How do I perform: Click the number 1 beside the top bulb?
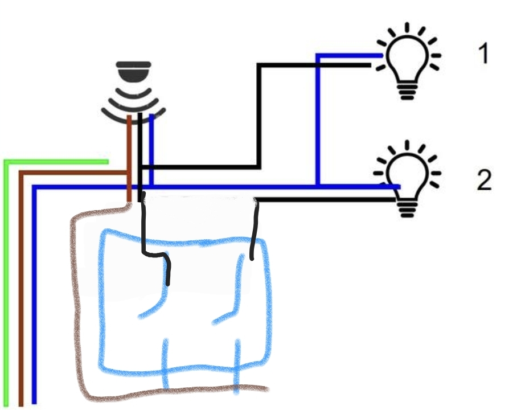click(x=484, y=54)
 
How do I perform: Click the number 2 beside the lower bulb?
click(x=484, y=180)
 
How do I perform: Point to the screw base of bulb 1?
click(x=408, y=91)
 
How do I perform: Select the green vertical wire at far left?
click(x=6, y=284)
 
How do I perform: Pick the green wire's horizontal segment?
click(x=56, y=162)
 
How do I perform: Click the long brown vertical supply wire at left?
click(x=21, y=289)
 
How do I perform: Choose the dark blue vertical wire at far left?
click(x=34, y=294)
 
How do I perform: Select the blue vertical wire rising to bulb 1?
click(x=318, y=120)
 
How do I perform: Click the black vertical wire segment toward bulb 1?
click(x=259, y=116)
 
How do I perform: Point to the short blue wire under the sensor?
click(x=151, y=150)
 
